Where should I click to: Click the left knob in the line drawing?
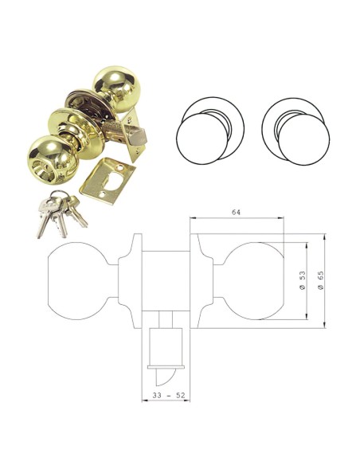[x=76, y=279]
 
